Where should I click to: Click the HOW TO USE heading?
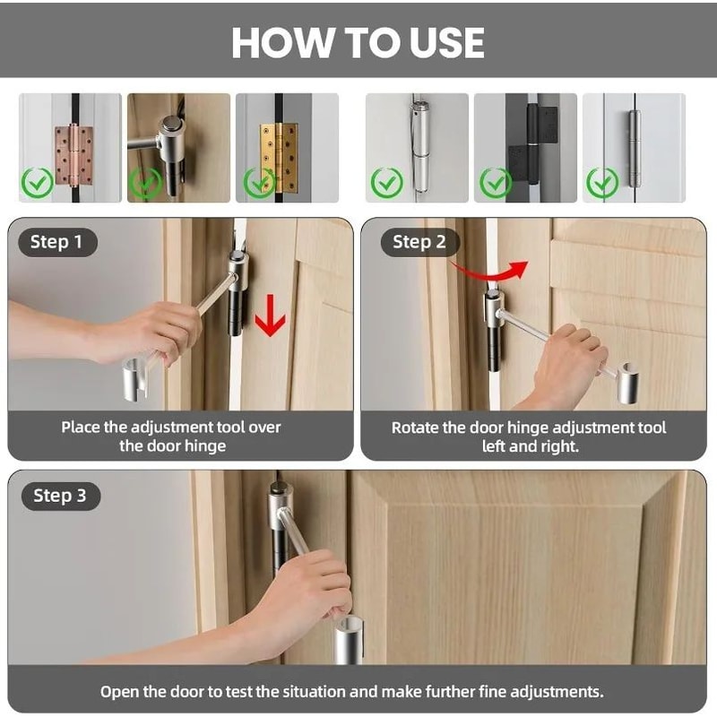click(x=358, y=42)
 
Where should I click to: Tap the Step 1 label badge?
click(x=57, y=242)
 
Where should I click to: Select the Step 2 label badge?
click(x=419, y=242)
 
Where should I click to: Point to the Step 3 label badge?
click(x=61, y=497)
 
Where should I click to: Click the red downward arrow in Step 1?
click(x=271, y=315)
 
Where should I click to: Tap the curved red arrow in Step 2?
click(x=490, y=271)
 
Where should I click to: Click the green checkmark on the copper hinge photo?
click(x=38, y=183)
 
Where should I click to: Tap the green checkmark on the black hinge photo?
click(x=496, y=183)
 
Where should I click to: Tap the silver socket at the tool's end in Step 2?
click(x=628, y=384)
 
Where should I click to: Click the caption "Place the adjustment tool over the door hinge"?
click(x=171, y=436)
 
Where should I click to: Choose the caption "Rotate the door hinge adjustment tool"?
click(x=529, y=428)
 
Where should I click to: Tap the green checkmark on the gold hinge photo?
click(x=259, y=183)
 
